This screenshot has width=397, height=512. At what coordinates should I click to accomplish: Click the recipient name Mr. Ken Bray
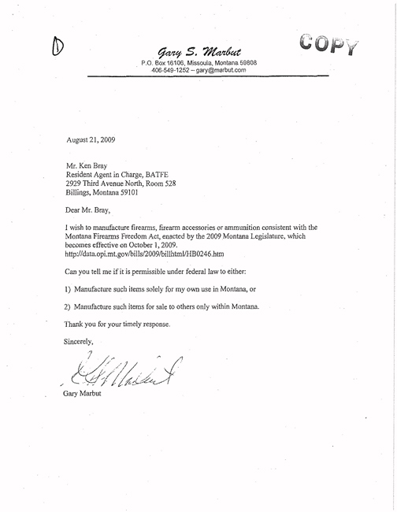click(x=91, y=168)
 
